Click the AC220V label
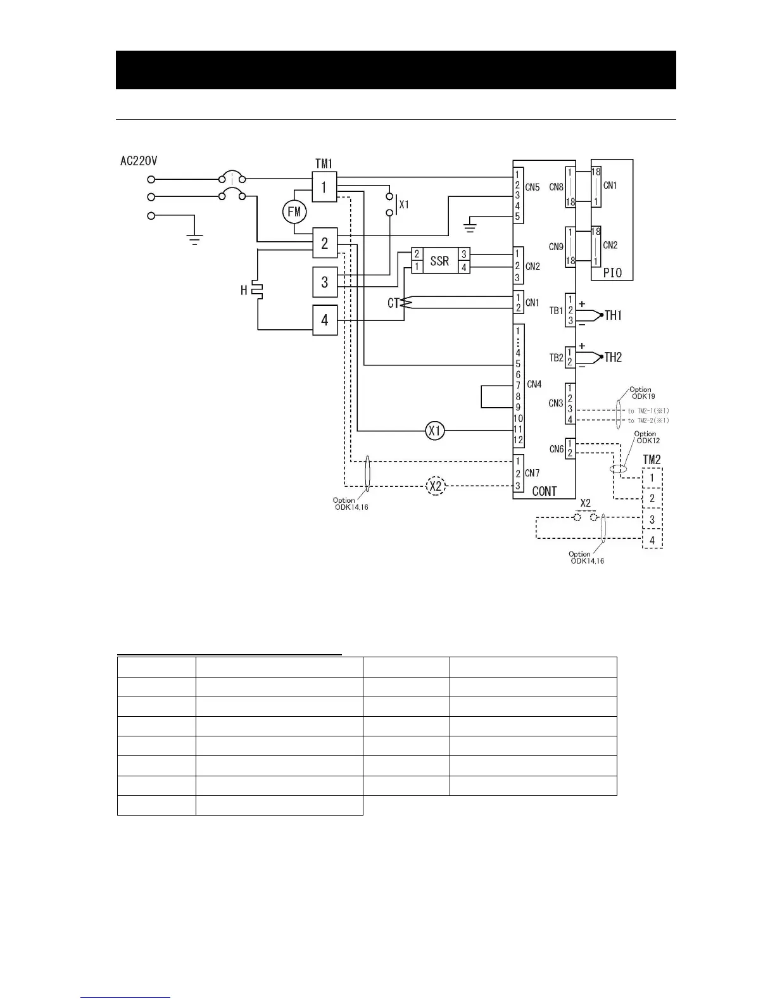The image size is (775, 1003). coord(139,161)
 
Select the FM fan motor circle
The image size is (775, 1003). coord(294,211)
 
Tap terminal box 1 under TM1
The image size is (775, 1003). coord(324,187)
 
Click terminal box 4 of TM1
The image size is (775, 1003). coord(324,320)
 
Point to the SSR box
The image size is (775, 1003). coord(439,260)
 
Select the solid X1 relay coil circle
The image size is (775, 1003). coord(435,431)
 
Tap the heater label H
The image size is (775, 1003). coord(244,290)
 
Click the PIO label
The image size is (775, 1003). coord(612,273)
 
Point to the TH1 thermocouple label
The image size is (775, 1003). coord(613,315)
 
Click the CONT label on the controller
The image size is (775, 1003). coord(545,491)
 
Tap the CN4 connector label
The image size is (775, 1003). coord(534,384)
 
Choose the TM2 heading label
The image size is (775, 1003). coord(652,460)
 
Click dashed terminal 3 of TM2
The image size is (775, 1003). coord(652,520)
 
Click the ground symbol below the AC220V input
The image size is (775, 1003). coord(194,239)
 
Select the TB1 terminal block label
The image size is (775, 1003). coord(556,311)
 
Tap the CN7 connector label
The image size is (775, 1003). coord(532,473)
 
